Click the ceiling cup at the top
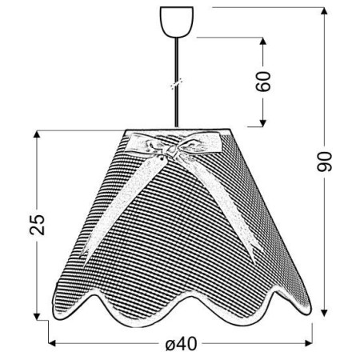[x=176, y=22]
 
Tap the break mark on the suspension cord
[x=177, y=83]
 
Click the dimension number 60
[x=263, y=82]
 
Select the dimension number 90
[x=324, y=162]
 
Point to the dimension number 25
[x=37, y=225]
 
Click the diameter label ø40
[x=182, y=344]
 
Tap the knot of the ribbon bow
[x=171, y=151]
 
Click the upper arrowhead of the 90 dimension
[x=324, y=10]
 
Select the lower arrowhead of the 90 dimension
[x=324, y=313]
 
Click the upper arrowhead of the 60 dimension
[x=263, y=41]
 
